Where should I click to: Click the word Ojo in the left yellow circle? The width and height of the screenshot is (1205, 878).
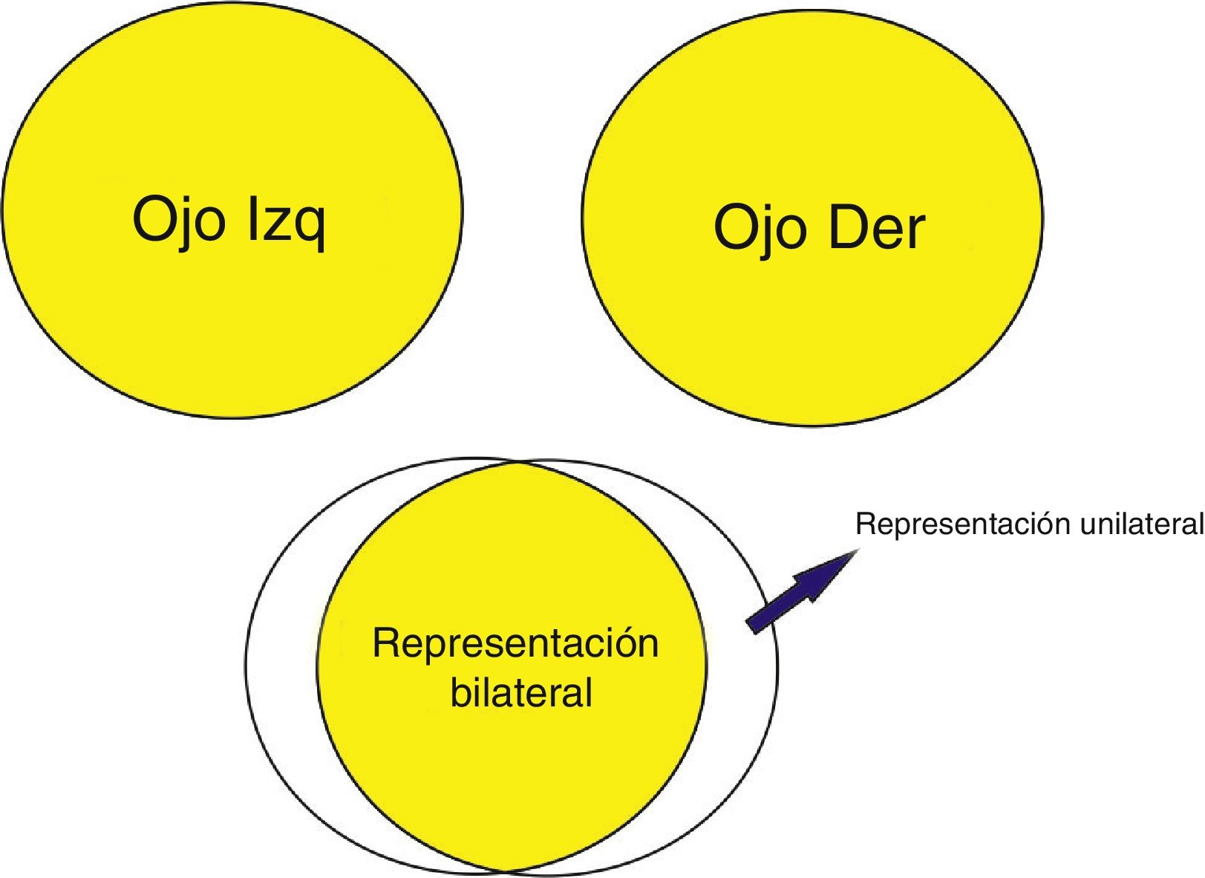178,220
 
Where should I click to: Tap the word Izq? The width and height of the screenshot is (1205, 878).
286,221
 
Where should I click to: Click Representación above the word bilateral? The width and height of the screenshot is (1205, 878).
515,643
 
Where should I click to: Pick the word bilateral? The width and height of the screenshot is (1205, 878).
521,692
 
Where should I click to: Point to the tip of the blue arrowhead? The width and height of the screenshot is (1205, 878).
858,551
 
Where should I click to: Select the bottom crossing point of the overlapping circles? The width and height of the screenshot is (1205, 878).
504,870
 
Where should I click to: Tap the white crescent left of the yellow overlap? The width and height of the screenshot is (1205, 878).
282,661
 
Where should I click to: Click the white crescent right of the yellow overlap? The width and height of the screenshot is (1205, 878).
742,669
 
